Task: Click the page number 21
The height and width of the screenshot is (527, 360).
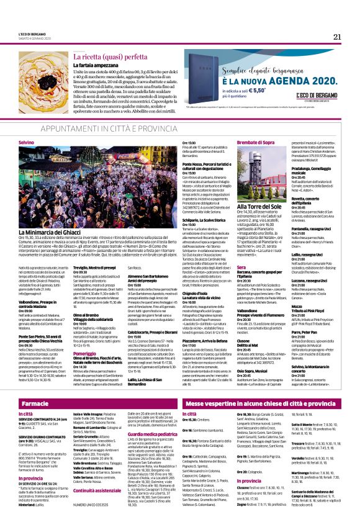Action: click(x=336, y=37)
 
